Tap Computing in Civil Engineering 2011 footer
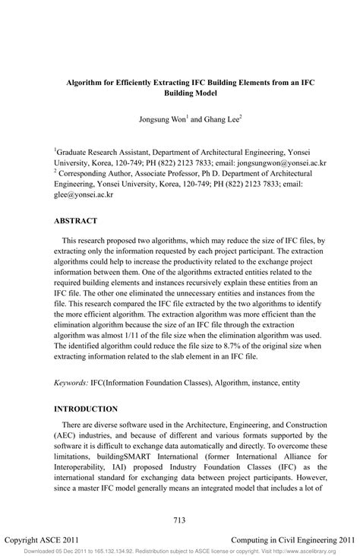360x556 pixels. [x=292, y=536]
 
